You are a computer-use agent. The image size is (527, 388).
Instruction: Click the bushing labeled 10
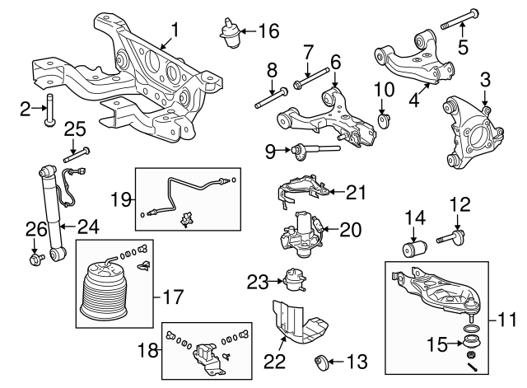click(x=384, y=121)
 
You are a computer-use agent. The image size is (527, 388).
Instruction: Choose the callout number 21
click(x=356, y=192)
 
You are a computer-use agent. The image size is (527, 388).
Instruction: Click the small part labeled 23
click(x=290, y=281)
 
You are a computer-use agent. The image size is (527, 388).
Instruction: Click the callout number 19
click(x=120, y=198)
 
